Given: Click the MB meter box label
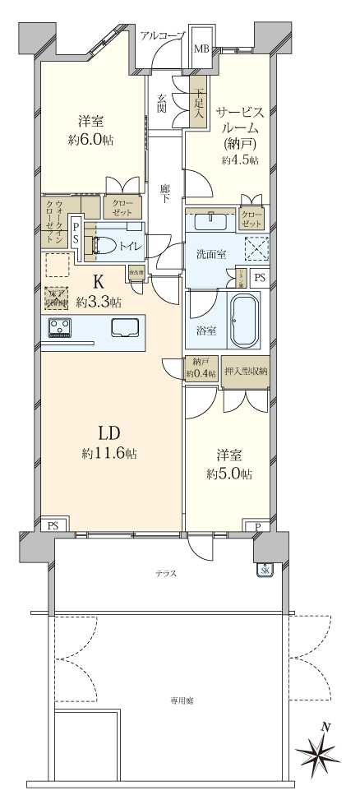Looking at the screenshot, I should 201,49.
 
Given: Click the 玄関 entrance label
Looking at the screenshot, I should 162,104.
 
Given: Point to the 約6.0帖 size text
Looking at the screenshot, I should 91,140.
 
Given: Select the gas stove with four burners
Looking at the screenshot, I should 60,328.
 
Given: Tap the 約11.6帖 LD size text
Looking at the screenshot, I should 108,453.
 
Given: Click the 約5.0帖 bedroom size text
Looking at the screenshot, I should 229,474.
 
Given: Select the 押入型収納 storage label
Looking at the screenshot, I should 246,371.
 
